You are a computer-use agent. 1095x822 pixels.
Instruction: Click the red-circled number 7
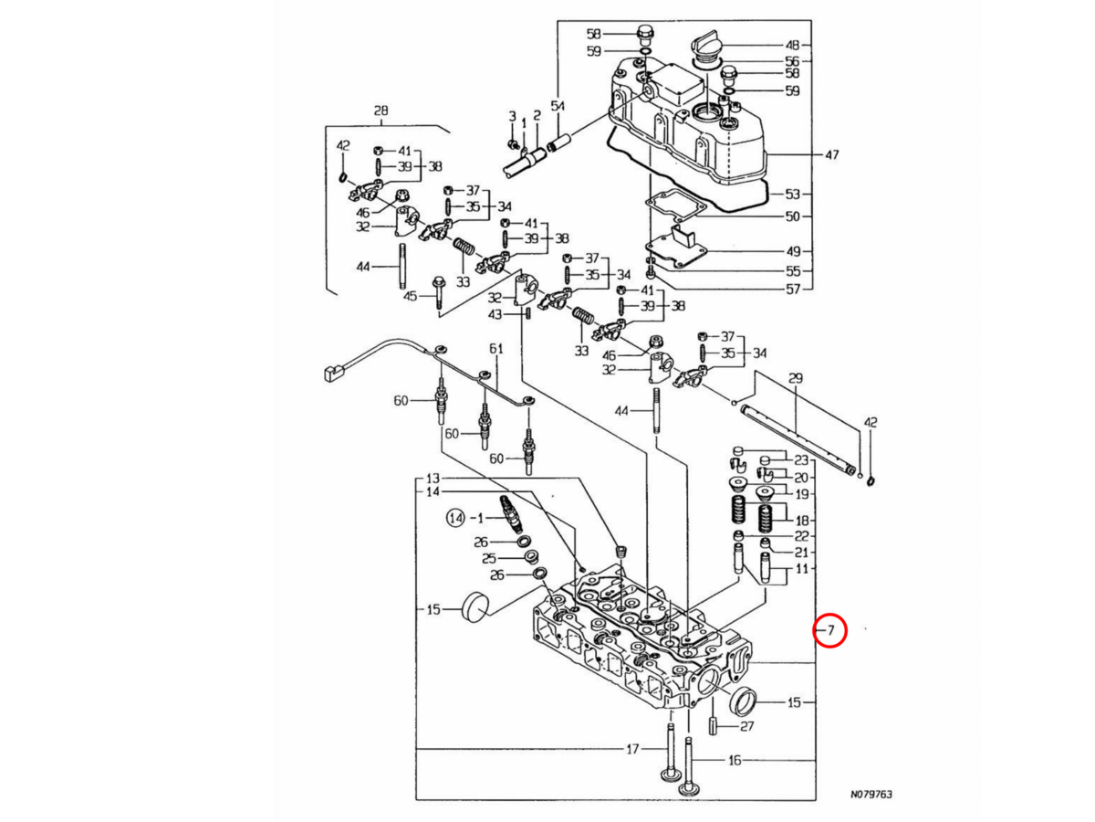[x=830, y=630]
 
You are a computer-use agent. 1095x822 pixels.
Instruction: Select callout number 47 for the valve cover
[x=831, y=155]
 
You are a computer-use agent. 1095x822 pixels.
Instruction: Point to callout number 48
[x=792, y=45]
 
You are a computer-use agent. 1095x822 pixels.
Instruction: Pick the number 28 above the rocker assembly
[x=381, y=111]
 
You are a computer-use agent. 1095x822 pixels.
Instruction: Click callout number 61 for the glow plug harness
[x=496, y=349]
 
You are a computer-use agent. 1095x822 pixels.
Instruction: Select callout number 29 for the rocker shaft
[x=795, y=377]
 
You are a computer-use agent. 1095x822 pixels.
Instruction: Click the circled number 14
[x=455, y=519]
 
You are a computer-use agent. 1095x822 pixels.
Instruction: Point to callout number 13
[x=433, y=479]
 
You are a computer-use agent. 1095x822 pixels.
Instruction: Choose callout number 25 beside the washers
[x=489, y=558]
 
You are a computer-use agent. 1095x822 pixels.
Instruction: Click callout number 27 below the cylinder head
[x=747, y=727]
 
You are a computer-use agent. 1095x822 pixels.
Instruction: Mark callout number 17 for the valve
[x=631, y=751]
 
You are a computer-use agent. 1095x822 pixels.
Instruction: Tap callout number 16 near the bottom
[x=733, y=760]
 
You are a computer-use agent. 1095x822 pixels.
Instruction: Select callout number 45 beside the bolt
[x=411, y=296]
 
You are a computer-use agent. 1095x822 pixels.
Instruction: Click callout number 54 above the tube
[x=558, y=107]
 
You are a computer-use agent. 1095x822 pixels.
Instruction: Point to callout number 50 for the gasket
[x=792, y=216]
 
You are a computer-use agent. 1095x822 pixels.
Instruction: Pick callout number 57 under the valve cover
[x=792, y=290]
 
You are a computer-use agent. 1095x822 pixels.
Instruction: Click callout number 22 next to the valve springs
[x=801, y=535]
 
